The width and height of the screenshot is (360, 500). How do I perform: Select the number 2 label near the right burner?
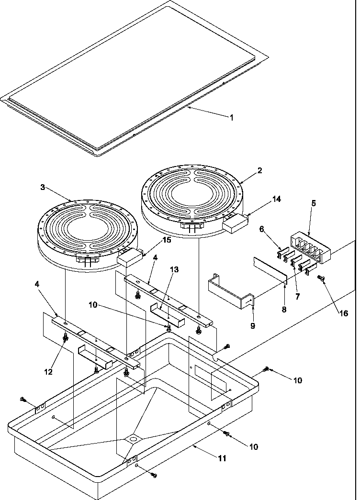click(x=260, y=171)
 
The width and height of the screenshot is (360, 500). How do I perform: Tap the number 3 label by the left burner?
click(x=43, y=188)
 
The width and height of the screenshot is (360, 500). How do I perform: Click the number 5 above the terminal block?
click(x=313, y=203)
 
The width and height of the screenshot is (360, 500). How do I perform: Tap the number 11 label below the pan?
click(x=221, y=458)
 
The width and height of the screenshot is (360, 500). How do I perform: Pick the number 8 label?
click(x=285, y=310)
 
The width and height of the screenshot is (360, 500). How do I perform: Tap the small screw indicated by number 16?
click(x=321, y=278)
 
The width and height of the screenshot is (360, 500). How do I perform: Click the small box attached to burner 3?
click(x=129, y=258)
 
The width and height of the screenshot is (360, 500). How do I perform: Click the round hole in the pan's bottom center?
click(x=133, y=438)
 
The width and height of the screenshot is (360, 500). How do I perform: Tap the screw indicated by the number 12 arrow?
click(x=66, y=339)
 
